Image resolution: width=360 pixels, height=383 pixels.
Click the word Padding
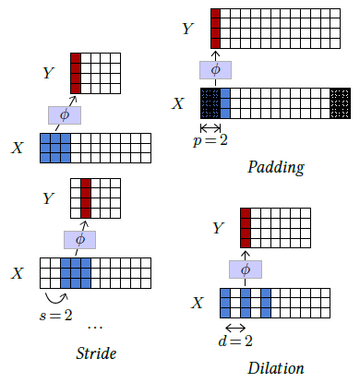click(276, 167)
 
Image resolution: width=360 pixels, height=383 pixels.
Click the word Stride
click(97, 353)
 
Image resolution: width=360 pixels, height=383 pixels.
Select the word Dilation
click(275, 367)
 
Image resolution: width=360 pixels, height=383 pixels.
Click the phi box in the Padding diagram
click(215, 68)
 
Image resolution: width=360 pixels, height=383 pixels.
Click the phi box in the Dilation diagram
click(245, 269)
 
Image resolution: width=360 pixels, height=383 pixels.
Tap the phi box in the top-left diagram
click(65, 114)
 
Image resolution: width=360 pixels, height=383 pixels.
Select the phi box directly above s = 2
click(79, 239)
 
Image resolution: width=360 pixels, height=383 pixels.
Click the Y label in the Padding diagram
click(188, 29)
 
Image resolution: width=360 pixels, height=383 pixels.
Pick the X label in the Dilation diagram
click(198, 303)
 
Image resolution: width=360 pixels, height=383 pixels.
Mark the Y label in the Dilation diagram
click(218, 228)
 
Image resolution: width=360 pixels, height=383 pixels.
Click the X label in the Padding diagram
click(178, 102)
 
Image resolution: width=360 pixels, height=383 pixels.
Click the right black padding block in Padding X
click(341, 102)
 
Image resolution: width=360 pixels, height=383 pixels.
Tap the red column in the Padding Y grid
click(215, 28)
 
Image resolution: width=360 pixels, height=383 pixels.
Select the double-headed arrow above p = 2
click(210, 126)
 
